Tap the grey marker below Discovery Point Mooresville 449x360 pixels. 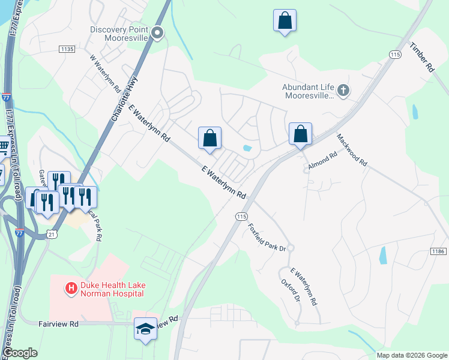tap(158, 33)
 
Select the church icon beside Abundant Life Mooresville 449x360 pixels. tap(343, 91)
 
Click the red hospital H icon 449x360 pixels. tap(71, 289)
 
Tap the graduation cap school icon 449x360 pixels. tap(145, 329)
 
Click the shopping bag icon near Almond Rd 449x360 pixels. tap(301, 134)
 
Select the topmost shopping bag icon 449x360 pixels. tap(285, 20)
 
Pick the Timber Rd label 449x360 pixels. tap(422, 58)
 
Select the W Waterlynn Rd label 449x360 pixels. tap(105, 74)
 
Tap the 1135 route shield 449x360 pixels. tap(66, 49)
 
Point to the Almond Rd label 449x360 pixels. tap(323, 159)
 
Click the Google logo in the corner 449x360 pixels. tap(20, 353)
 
